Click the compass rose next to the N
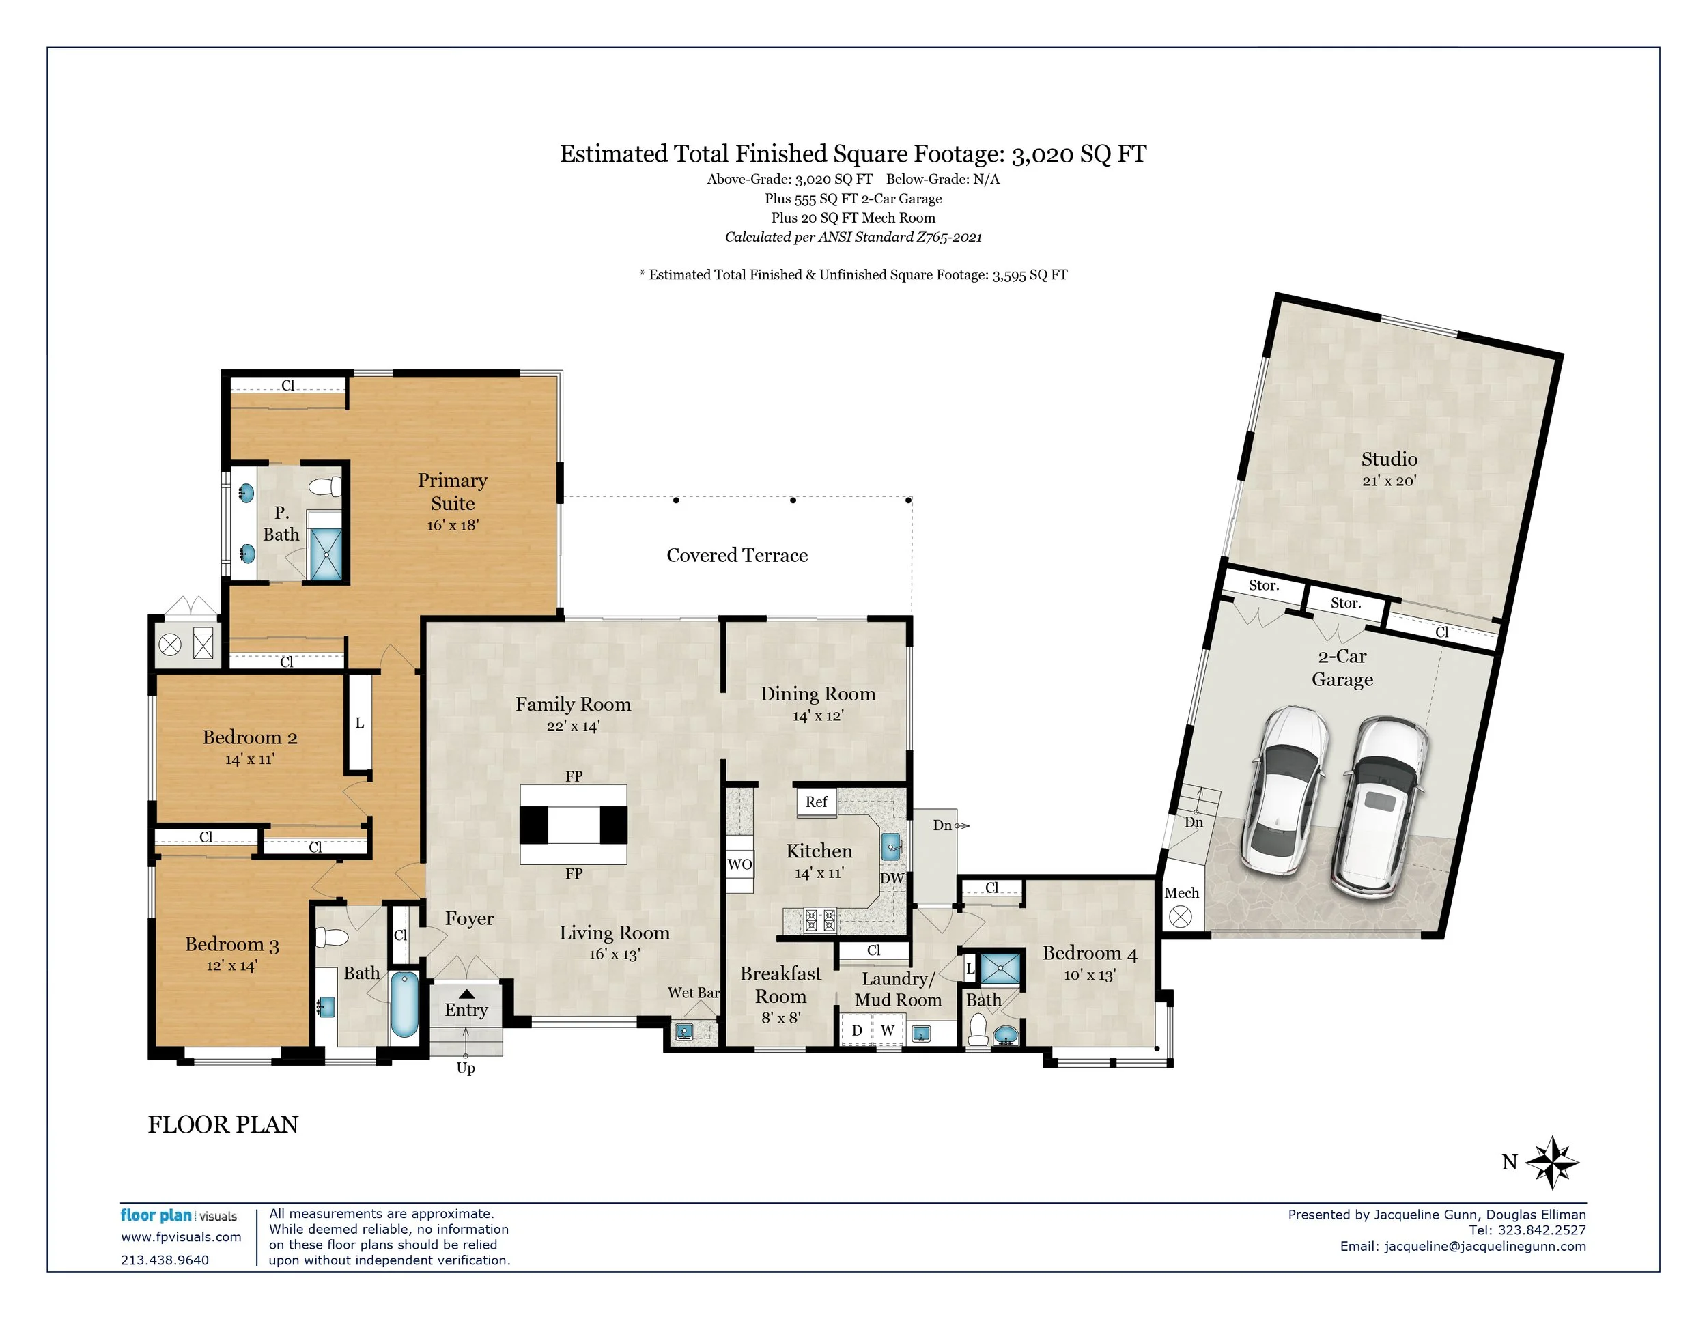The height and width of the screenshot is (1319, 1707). (1552, 1163)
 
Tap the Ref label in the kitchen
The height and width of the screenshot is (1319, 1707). (816, 802)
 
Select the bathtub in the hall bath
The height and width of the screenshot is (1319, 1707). (404, 1004)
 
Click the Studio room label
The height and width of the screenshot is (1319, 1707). (1389, 459)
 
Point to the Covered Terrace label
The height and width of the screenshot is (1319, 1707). (737, 555)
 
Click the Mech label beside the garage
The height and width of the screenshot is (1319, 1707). (1181, 892)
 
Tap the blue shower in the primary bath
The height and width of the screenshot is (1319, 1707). (325, 553)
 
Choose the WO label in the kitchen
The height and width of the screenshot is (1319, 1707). (739, 864)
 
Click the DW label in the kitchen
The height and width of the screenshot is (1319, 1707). (892, 878)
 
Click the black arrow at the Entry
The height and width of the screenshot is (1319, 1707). (466, 994)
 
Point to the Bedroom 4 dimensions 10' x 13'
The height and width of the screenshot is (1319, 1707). (1090, 974)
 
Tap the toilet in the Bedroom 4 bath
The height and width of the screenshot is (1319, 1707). (978, 1029)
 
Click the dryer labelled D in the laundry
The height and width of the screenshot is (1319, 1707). (857, 1031)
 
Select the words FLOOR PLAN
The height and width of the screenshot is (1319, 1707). (223, 1124)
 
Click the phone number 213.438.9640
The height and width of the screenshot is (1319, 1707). (165, 1260)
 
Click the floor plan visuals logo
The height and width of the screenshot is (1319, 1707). (178, 1216)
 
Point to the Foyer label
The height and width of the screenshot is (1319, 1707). (470, 919)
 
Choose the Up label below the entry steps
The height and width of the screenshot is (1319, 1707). (466, 1068)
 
